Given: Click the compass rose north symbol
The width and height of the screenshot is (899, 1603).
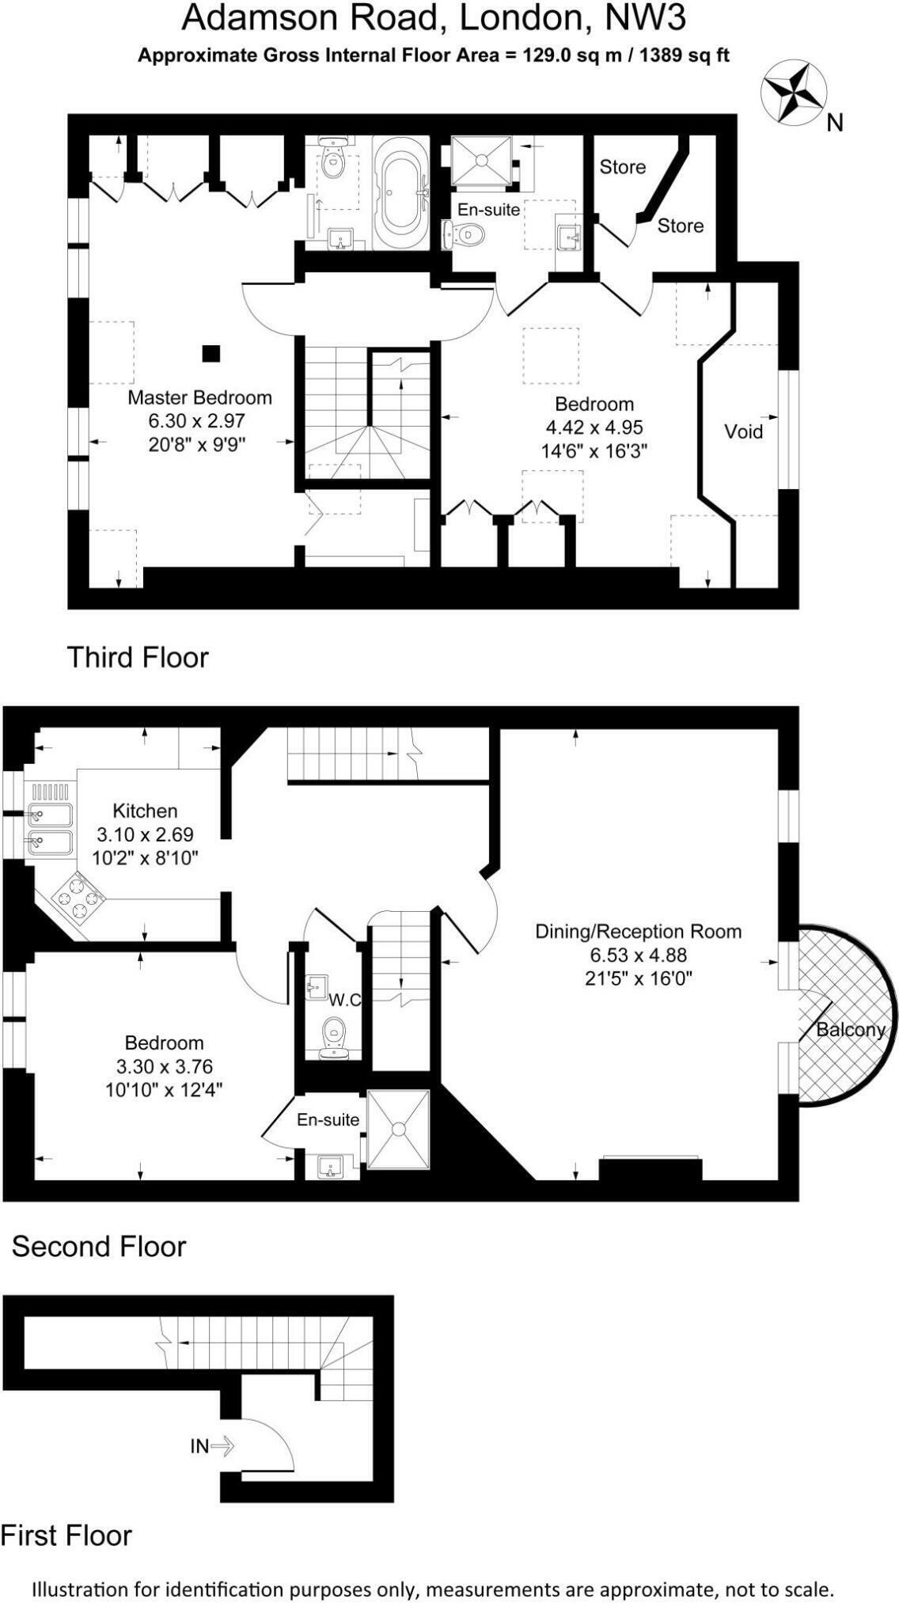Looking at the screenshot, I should click(x=794, y=93).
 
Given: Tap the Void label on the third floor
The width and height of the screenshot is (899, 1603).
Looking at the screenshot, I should click(x=743, y=431).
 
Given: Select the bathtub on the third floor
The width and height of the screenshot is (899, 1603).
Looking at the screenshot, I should click(x=400, y=195).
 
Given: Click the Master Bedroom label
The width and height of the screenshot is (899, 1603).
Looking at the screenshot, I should click(x=199, y=397).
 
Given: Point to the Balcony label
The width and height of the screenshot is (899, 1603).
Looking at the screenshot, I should click(x=850, y=1029).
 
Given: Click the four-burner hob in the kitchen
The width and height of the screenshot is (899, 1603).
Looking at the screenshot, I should click(x=79, y=898).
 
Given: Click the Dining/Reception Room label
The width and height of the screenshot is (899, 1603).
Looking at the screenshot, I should click(x=638, y=931).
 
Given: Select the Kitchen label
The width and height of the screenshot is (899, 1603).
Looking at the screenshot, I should click(x=145, y=811).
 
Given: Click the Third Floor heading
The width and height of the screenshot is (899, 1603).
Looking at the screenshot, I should click(x=138, y=657).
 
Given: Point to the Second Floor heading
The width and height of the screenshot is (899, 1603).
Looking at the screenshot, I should click(x=99, y=1246).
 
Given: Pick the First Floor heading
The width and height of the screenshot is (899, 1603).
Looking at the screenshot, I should click(x=66, y=1535).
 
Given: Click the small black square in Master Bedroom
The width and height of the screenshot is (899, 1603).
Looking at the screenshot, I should click(x=211, y=353).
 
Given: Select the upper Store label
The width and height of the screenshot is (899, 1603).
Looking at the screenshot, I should click(x=622, y=167).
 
